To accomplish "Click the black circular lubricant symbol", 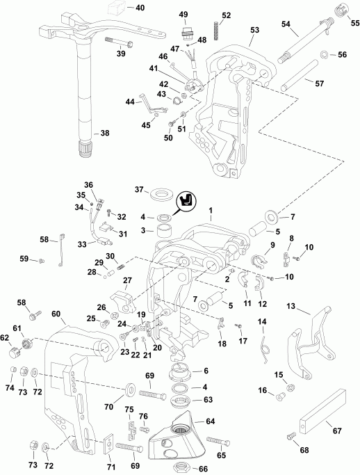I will pyautogui.click(x=185, y=202).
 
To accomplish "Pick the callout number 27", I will pyautogui.click(x=127, y=280).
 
